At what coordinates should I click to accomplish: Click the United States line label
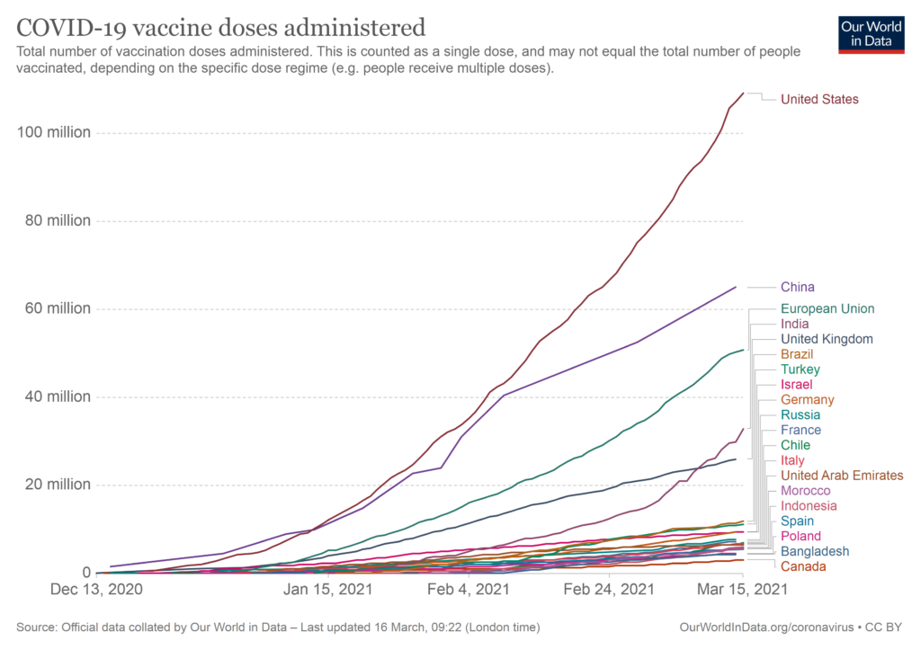[x=819, y=99]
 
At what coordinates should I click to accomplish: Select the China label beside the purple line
[x=798, y=288]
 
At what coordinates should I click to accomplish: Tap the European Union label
[x=827, y=308]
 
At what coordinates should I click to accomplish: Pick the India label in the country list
[x=794, y=324]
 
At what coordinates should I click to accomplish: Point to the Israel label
[x=796, y=385]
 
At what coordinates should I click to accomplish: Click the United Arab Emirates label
[x=842, y=476]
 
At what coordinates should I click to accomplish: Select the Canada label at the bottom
[x=803, y=566]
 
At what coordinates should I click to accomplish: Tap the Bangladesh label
[x=815, y=551]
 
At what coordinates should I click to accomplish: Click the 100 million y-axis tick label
[x=54, y=133]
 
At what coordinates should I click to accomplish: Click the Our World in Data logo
[x=870, y=34]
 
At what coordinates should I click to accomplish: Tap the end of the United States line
[x=744, y=92]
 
